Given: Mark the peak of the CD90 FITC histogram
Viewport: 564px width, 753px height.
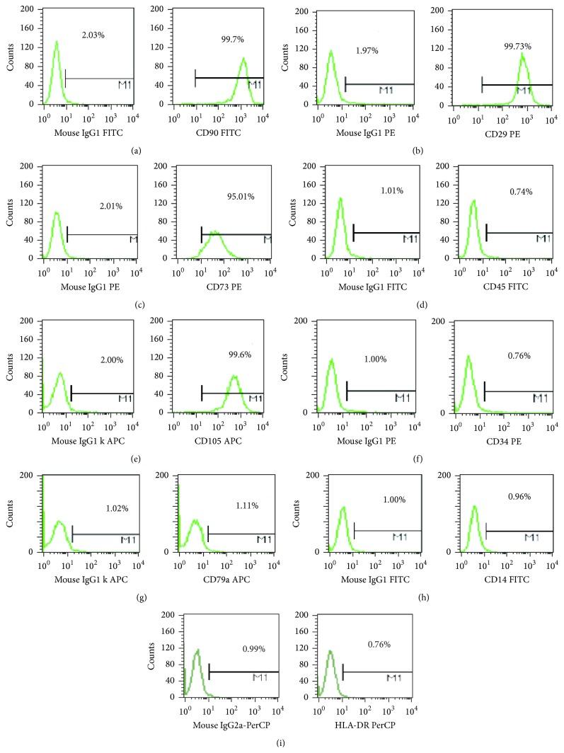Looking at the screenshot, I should [x=243, y=59].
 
